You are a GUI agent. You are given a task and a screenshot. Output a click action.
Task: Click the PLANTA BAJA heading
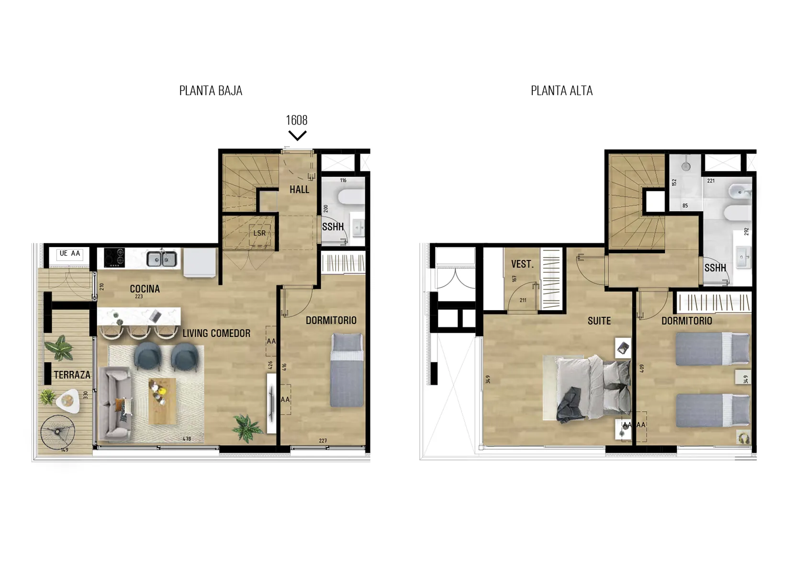pos(211,91)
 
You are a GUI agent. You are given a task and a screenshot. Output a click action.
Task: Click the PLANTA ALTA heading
pos(562,91)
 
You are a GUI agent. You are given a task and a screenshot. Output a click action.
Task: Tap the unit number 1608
pos(297,120)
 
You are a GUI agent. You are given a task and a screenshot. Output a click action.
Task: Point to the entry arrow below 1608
pos(298,135)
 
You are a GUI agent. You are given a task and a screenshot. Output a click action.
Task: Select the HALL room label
pos(299,190)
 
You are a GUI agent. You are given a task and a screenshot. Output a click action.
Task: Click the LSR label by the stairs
pos(259,233)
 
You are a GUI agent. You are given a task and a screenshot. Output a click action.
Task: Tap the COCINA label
pos(145,289)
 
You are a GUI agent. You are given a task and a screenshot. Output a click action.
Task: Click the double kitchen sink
pos(162,258)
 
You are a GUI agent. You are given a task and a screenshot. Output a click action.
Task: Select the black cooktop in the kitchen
pos(114,258)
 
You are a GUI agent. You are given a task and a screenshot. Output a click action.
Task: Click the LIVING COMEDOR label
pos(216,333)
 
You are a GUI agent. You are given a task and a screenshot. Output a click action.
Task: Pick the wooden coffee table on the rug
pos(162,401)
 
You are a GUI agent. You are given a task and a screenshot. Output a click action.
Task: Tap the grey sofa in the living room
pos(114,403)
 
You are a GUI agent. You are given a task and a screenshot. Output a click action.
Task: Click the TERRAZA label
pos(72,375)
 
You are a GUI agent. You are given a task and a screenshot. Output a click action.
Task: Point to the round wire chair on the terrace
pos(58,432)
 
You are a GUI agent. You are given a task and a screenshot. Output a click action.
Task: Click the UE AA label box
pos(70,254)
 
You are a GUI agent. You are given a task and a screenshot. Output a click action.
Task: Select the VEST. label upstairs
pos(522,264)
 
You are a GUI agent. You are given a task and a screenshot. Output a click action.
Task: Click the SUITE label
pos(599,321)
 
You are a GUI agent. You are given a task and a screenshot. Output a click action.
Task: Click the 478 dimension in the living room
pos(187,438)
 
